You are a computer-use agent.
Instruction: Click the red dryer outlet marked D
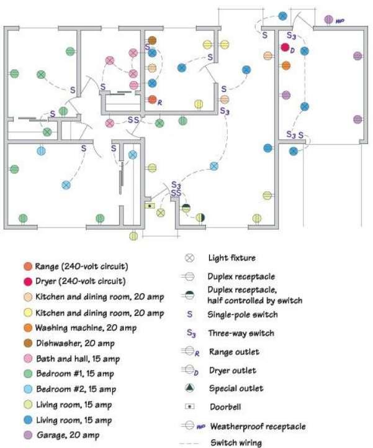coord(285,47)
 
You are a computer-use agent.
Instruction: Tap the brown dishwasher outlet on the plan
coord(152,40)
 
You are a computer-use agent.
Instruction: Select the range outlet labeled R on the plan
coord(153,99)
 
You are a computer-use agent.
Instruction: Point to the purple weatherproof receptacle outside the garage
coord(329,20)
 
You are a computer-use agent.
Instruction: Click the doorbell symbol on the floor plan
coord(149,206)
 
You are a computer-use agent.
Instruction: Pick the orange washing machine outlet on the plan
coord(285,65)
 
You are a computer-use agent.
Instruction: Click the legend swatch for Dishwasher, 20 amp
coord(28,343)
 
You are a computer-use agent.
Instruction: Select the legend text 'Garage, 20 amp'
coord(68,435)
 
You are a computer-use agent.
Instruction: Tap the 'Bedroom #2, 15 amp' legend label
coord(76,389)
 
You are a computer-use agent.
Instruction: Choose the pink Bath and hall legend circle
coord(28,359)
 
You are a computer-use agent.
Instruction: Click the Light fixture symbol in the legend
coord(189,258)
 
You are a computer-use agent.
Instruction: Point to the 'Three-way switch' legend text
coord(241,333)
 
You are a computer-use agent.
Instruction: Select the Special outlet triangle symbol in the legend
coord(189,388)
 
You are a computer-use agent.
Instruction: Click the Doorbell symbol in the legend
coord(190,406)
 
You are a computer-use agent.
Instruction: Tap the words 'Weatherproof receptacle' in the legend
coord(258,427)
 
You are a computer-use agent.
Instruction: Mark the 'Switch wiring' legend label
coord(236,442)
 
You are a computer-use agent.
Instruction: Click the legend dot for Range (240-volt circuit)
coord(28,267)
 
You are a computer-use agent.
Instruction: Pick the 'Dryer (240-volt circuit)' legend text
coord(81,281)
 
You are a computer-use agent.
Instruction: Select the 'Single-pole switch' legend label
coord(243,314)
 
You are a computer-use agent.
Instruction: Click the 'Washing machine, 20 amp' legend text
coord(86,327)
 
